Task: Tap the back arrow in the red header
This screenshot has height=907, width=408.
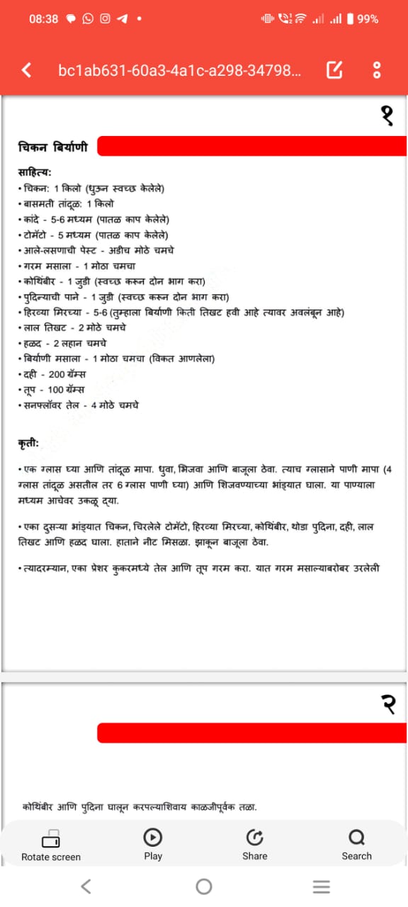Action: pyautogui.click(x=27, y=70)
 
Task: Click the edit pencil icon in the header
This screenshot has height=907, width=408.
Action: pyautogui.click(x=334, y=70)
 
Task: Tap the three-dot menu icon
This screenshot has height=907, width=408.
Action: pyautogui.click(x=377, y=70)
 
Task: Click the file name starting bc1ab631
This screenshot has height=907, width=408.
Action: pyautogui.click(x=179, y=70)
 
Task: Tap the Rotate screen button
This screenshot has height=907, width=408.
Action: pyautogui.click(x=51, y=845)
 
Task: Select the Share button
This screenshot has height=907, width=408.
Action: pyautogui.click(x=255, y=845)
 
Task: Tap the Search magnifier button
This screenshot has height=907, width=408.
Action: pyautogui.click(x=356, y=845)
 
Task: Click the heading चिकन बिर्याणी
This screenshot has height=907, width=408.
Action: pyautogui.click(x=53, y=147)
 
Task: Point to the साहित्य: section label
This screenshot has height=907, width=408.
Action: pyautogui.click(x=35, y=172)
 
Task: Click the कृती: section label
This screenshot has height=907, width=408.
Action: pyautogui.click(x=29, y=444)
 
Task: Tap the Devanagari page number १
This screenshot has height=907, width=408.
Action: pyautogui.click(x=387, y=116)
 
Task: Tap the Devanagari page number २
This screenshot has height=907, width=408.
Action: pyautogui.click(x=387, y=704)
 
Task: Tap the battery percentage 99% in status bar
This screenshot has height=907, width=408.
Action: pyautogui.click(x=368, y=19)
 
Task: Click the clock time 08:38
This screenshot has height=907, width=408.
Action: pyautogui.click(x=44, y=19)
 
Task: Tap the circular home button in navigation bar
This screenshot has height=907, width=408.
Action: pyautogui.click(x=204, y=886)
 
